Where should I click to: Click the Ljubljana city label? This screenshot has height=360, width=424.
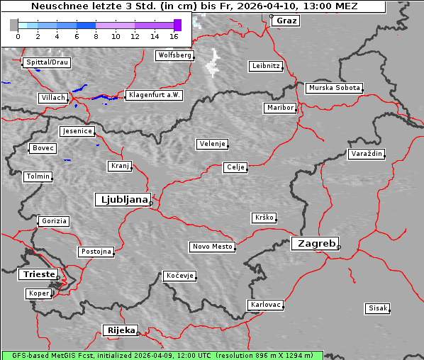tap(122, 199)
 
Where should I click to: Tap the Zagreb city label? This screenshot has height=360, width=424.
tap(314, 243)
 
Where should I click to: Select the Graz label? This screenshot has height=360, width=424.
tap(286, 21)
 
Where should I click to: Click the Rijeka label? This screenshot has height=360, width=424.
tap(121, 330)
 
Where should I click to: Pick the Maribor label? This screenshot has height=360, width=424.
tap(279, 108)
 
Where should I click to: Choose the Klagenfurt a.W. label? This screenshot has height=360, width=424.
tap(154, 95)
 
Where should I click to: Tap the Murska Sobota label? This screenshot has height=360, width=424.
tap(334, 88)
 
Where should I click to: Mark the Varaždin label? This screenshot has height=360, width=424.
tap(367, 154)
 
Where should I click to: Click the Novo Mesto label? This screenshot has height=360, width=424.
tap(212, 247)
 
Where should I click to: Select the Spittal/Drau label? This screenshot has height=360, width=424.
tap(46, 62)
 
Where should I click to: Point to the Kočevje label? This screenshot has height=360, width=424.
tap(179, 275)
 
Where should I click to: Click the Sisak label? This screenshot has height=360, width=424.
tap(377, 308)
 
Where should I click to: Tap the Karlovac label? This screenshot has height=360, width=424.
tap(266, 305)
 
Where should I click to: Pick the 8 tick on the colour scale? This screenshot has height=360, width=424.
tap(96, 35)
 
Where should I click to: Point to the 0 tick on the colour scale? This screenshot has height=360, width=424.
tap(18, 35)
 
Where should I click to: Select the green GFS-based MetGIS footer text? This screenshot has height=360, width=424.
tap(162, 355)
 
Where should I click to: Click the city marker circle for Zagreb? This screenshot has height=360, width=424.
tap(339, 247)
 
